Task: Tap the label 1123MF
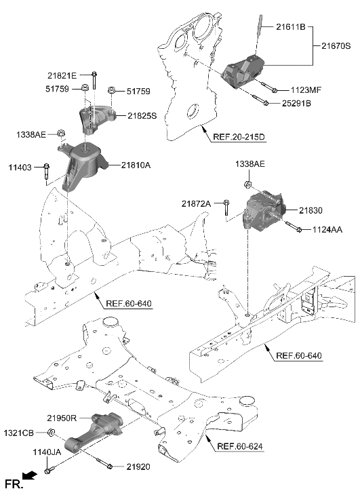[307, 90]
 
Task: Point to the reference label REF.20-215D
[238, 137]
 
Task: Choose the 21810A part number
[136, 164]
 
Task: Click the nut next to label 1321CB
[51, 433]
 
